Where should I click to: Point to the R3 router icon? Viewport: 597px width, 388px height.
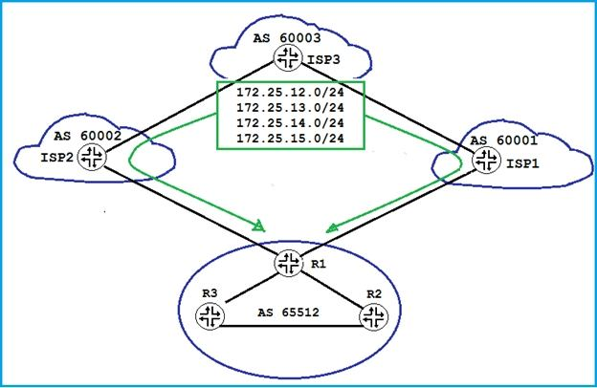(209, 315)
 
